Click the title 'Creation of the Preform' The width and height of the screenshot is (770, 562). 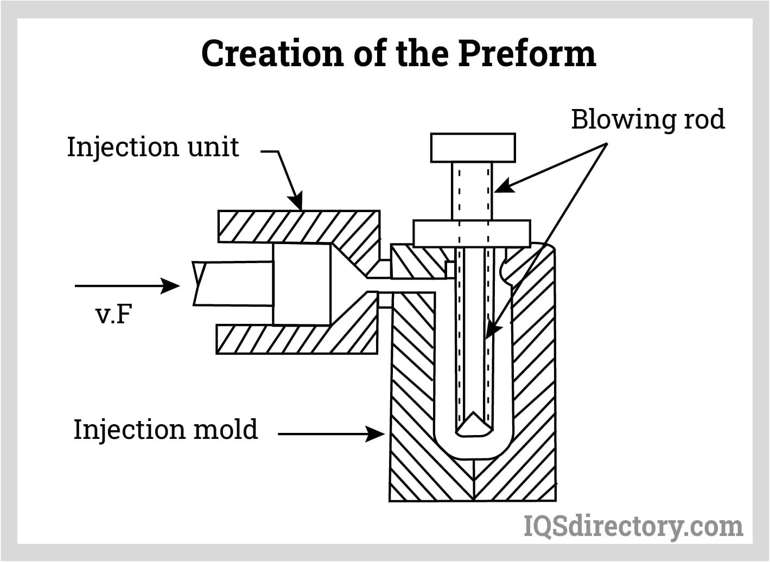398,54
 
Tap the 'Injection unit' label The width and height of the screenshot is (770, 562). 152,147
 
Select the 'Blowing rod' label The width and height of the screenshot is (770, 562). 647,119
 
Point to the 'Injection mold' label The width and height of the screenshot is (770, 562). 166,430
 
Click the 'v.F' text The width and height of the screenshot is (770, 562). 114,314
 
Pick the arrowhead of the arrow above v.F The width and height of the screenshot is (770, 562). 173,285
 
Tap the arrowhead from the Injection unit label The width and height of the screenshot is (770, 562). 297,203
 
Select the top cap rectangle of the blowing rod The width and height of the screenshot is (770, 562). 473,148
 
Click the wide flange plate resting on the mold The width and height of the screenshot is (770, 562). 472,233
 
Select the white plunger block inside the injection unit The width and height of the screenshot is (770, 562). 302,284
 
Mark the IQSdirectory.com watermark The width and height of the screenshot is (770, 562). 633,526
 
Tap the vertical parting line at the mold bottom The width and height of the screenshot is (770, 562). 474,480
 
